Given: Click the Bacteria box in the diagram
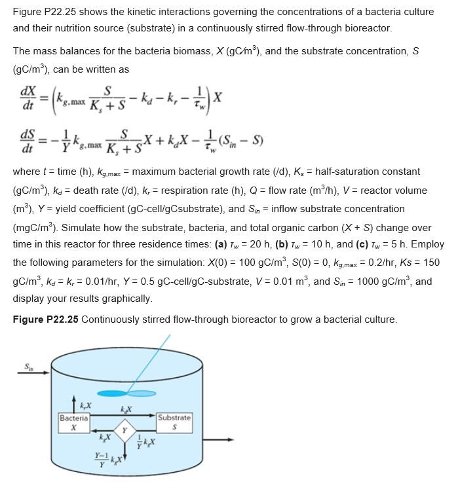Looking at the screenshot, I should click(74, 422).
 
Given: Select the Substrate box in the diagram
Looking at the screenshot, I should click(174, 422).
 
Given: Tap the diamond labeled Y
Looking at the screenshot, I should click(124, 431).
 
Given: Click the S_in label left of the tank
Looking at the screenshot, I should click(28, 367).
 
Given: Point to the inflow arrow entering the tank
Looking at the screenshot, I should click(33, 374).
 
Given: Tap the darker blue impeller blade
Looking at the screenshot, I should click(112, 393).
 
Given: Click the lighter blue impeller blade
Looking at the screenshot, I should click(142, 393).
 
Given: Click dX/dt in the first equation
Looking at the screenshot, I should click(28, 97).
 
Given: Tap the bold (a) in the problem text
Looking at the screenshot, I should click(197, 244).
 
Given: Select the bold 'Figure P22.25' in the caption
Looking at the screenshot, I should click(46, 319).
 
